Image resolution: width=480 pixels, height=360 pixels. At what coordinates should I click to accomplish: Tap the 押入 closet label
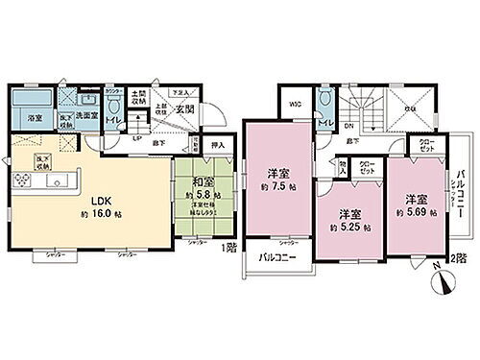(217, 146)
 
